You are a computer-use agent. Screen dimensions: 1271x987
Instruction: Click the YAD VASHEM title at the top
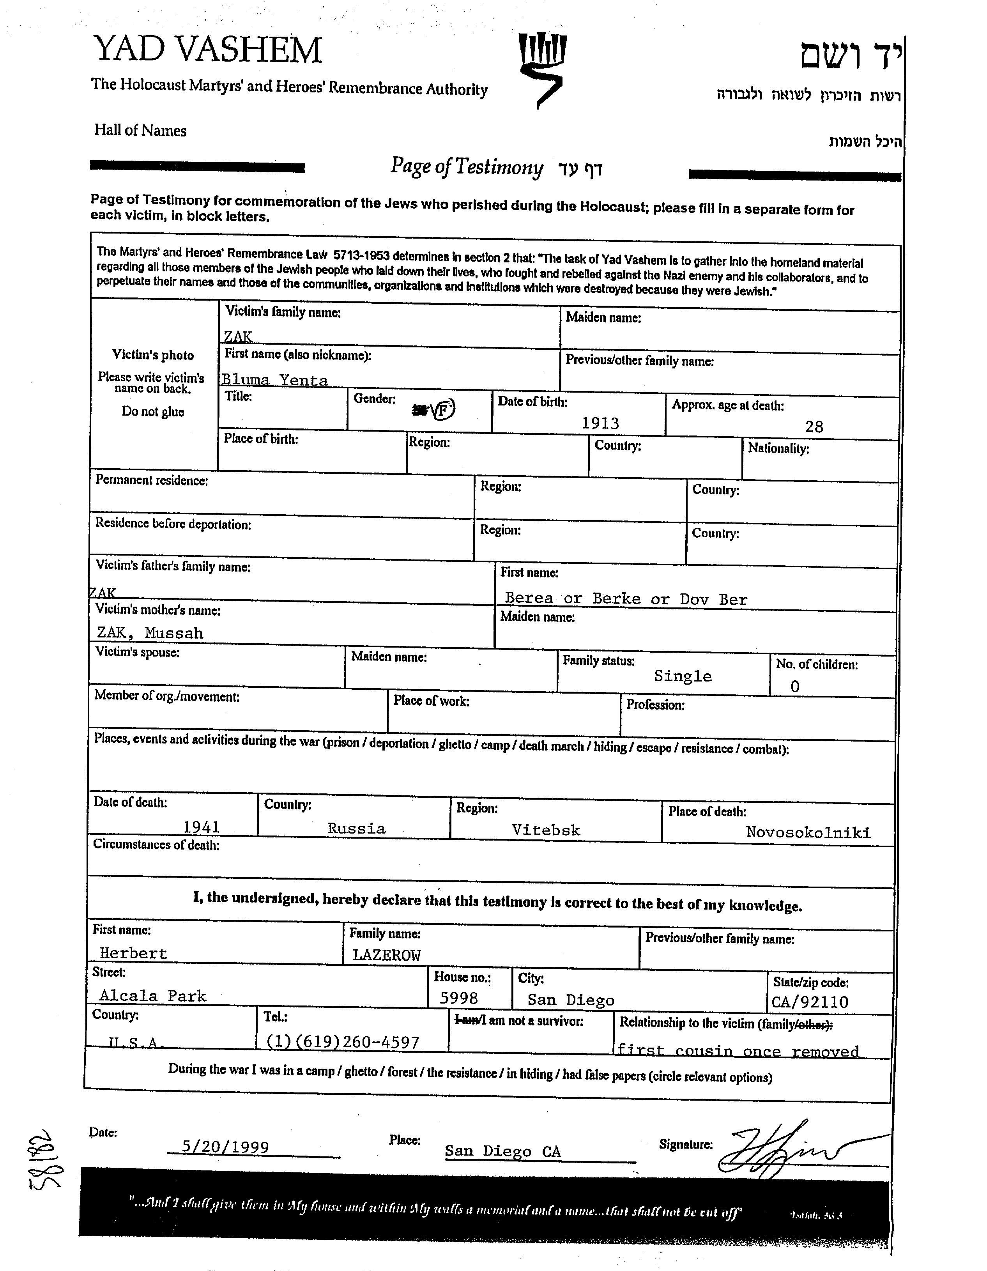[x=207, y=50]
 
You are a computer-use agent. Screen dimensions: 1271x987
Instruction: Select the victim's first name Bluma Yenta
[x=275, y=380]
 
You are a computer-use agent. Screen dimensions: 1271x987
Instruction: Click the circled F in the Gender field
[x=444, y=410]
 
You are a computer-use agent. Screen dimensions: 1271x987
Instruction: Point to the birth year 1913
[x=600, y=423]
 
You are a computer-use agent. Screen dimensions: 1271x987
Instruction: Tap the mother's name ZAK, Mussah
[x=150, y=633]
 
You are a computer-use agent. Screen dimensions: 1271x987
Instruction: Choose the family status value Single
[x=682, y=676]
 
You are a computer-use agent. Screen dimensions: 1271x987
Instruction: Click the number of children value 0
[x=794, y=687]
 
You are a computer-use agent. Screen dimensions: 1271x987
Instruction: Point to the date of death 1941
[x=202, y=827]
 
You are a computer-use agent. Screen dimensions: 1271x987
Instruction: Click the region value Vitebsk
[x=546, y=830]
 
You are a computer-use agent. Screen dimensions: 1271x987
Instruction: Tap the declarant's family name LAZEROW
[x=386, y=955]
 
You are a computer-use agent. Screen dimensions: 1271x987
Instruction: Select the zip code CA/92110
[x=810, y=1002]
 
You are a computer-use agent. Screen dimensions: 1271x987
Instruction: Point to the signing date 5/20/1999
[x=225, y=1147]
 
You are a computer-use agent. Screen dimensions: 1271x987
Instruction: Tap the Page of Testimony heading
[x=466, y=167]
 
